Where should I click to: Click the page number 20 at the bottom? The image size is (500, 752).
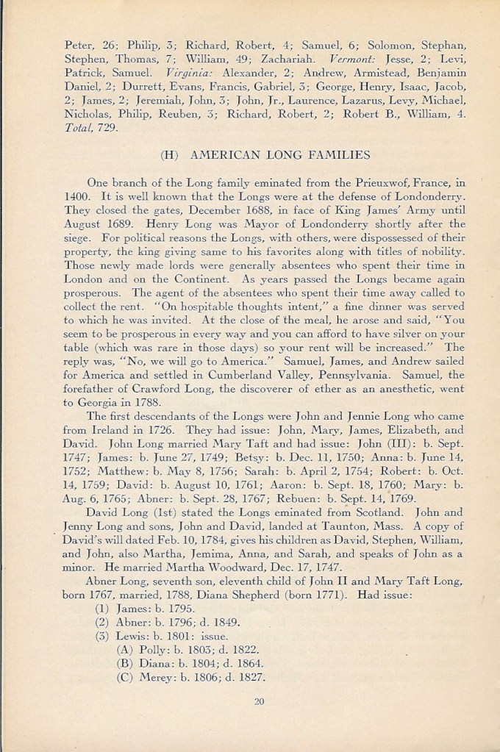[258, 701]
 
